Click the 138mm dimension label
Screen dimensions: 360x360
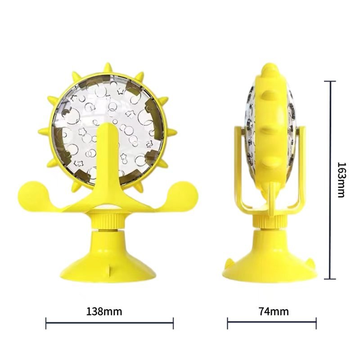pos(104,311)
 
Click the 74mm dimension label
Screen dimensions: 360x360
pos(274,311)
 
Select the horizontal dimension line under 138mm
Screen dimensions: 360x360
pos(109,323)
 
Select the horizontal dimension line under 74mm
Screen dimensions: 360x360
pos(272,323)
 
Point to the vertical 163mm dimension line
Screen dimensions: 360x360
pos(330,180)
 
